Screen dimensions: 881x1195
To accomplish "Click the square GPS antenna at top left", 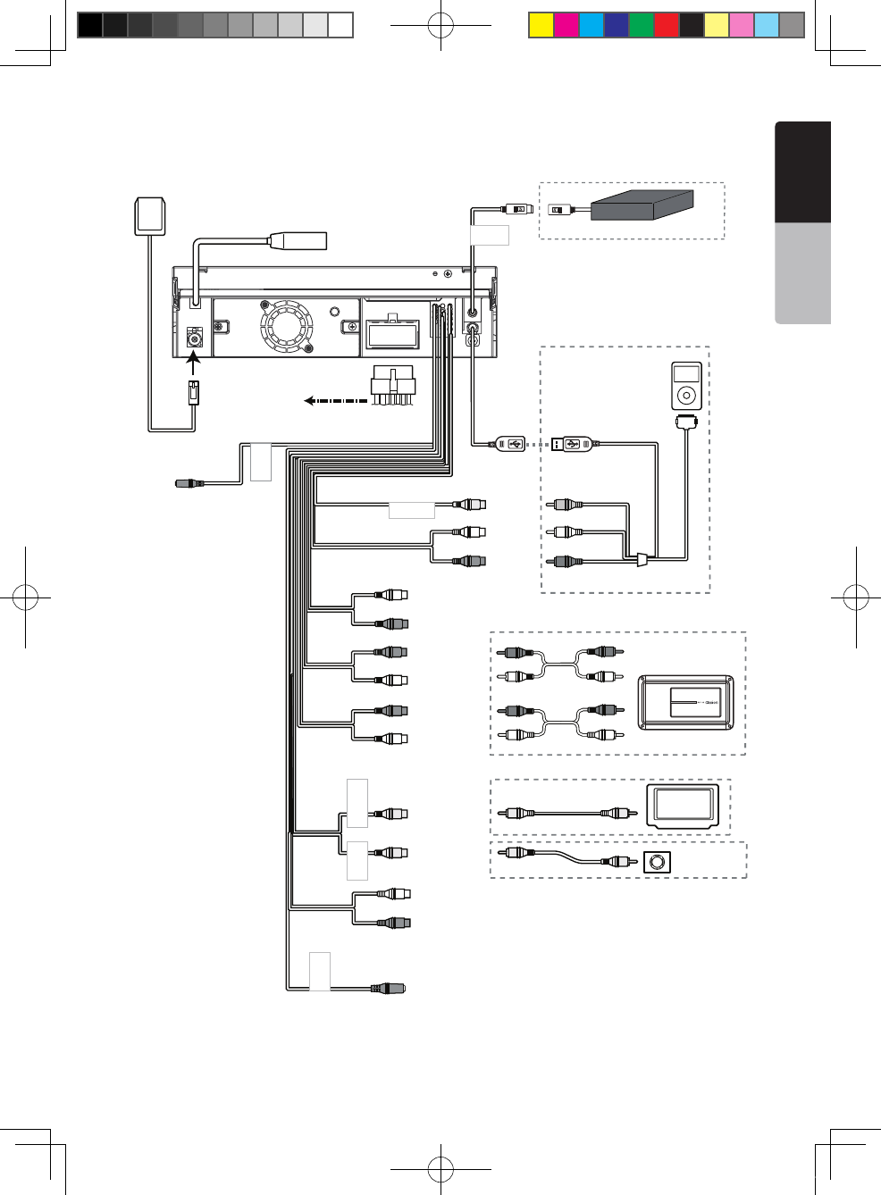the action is (150, 216).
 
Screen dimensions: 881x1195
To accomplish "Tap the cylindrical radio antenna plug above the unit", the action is (298, 240).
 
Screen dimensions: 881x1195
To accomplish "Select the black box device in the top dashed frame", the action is (642, 205).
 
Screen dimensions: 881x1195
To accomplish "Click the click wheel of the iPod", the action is (686, 395).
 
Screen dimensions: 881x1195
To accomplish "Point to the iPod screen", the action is (686, 373).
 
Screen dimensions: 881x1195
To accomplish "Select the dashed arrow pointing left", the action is (335, 400).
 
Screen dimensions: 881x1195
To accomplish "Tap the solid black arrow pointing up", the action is (193, 364).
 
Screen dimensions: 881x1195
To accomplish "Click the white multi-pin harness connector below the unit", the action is (393, 385).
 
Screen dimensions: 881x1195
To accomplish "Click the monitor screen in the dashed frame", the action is (684, 804).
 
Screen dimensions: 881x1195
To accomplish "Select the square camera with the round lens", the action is (658, 862).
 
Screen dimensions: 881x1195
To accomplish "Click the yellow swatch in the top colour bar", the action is (541, 25).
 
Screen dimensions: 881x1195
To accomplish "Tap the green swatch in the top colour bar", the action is (642, 25).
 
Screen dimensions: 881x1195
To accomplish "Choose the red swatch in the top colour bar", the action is (667, 25).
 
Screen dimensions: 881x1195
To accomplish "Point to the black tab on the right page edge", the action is (803, 171).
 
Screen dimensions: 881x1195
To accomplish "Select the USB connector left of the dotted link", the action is (510, 444).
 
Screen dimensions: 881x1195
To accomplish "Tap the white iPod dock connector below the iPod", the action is (686, 421).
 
